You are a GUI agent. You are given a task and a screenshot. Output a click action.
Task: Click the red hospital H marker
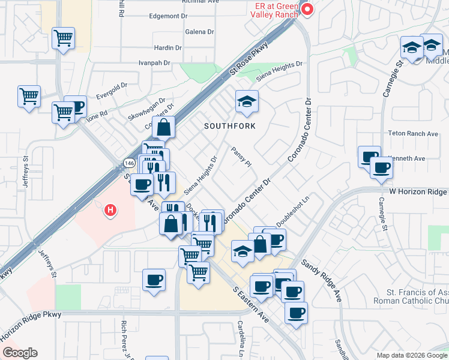(110, 210)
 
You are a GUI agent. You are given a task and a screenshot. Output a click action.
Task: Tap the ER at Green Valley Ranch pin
(307, 10)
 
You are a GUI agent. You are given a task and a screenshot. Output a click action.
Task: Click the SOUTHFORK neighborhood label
(230, 126)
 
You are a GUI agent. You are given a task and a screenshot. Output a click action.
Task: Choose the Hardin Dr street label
(167, 47)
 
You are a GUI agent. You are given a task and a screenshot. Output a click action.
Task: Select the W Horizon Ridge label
(418, 192)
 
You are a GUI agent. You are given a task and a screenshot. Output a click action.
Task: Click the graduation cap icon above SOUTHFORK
(246, 103)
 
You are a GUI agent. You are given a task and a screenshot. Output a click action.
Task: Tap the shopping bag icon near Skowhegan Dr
(164, 128)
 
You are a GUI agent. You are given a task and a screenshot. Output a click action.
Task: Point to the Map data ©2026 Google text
(412, 355)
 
